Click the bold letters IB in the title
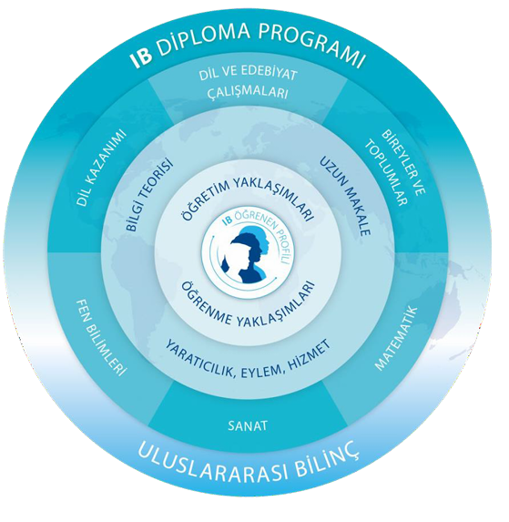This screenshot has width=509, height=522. pos(141,59)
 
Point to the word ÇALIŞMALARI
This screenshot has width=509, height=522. pos(248,92)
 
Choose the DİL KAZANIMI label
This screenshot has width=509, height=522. pos(101,168)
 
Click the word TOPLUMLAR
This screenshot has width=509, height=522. pos(386,173)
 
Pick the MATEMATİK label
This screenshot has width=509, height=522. pos(396,338)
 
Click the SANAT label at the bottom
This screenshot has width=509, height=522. pos(248,425)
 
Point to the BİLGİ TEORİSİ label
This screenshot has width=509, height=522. pos(150,194)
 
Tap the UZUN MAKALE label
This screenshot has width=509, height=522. pos(345,196)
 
